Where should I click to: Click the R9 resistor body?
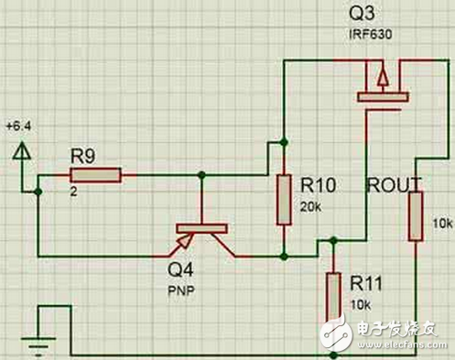pyautogui.click(x=96, y=175)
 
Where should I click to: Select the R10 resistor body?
pyautogui.click(x=284, y=198)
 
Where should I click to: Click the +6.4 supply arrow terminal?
pyautogui.click(x=19, y=149)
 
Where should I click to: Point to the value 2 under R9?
pyautogui.click(x=72, y=192)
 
